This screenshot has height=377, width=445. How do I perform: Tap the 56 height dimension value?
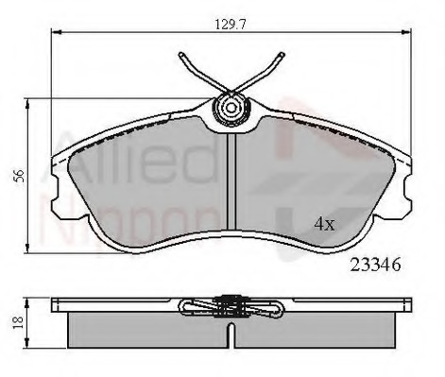16,175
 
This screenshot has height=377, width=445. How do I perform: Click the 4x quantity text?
324,224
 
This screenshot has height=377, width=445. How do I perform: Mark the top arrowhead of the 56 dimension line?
30,100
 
